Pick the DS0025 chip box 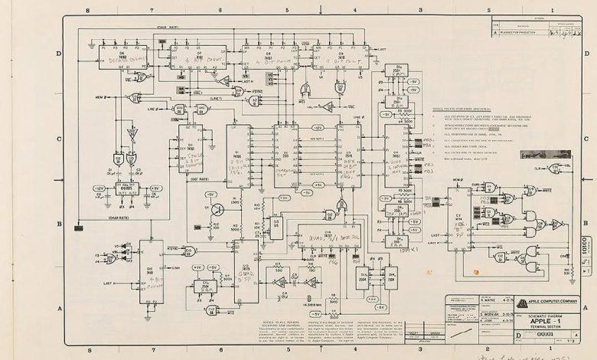tap(128, 188)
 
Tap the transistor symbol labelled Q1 tap(217, 208)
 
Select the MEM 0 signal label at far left tap(103, 97)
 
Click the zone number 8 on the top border tap(89, 10)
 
